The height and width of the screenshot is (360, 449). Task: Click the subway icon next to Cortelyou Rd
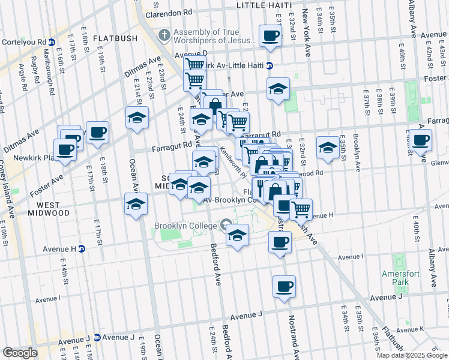52,43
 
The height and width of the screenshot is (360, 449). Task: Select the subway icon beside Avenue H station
82,248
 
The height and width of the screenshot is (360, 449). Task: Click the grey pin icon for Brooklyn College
226,226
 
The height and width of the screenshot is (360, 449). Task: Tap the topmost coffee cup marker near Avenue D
270,36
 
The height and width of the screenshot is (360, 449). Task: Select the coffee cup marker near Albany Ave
421,141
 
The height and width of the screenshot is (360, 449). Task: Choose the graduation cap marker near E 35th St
327,148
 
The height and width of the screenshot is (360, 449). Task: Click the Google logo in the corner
20,352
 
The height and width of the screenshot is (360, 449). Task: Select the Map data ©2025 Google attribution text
411,355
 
